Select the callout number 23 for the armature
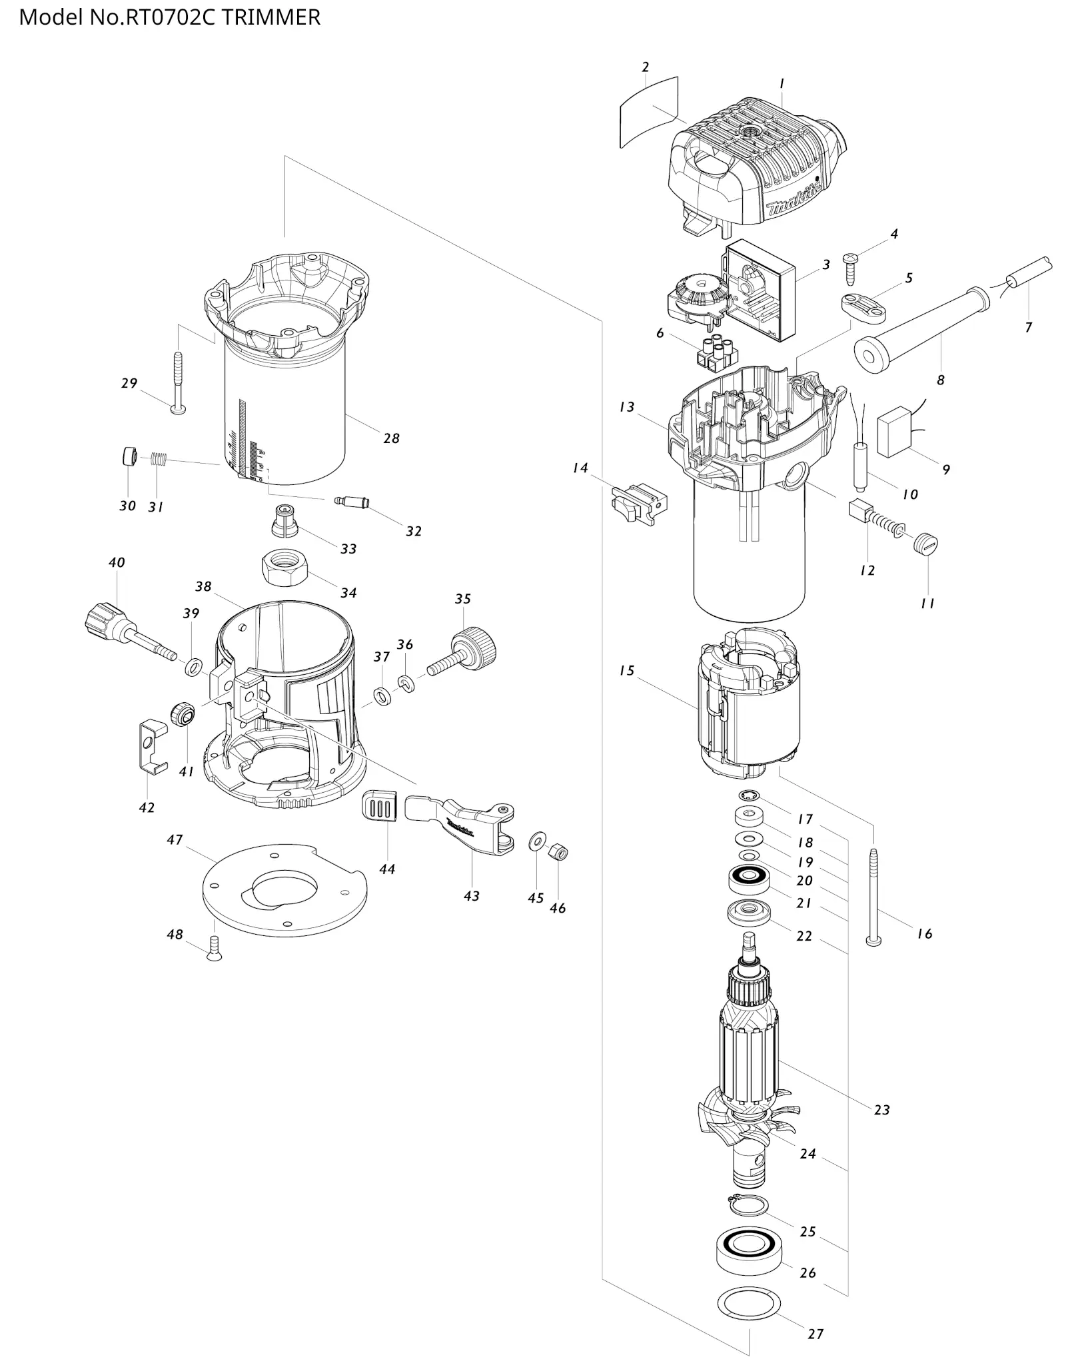[881, 1110]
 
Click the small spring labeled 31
[158, 458]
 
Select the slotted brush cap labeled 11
[926, 546]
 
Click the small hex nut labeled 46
[558, 852]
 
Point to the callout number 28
[391, 438]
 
